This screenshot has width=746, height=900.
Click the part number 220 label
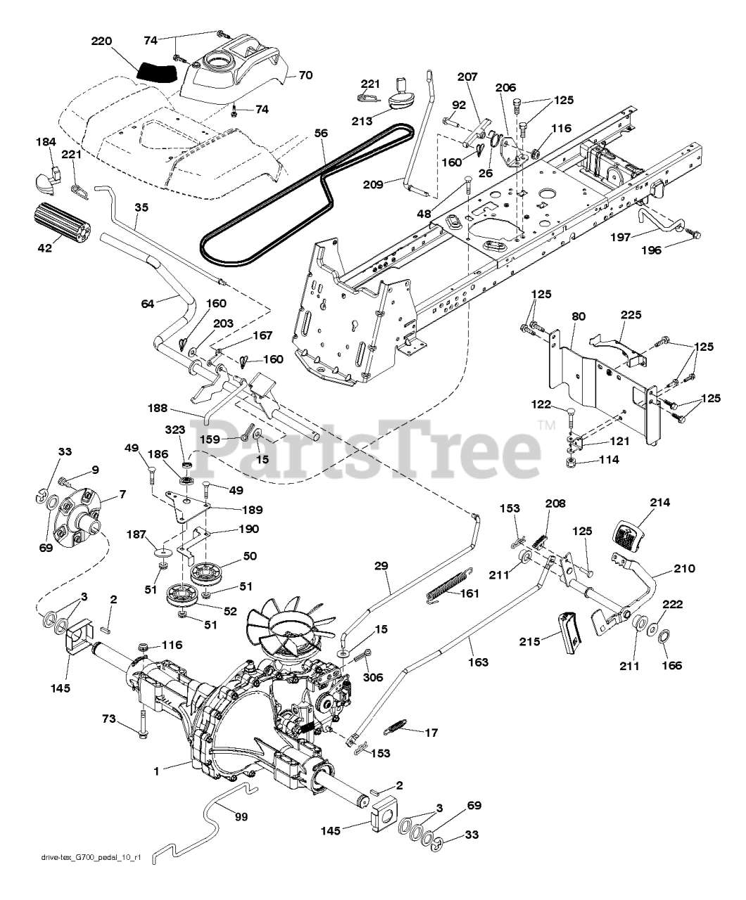(101, 42)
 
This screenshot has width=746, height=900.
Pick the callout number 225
(631, 316)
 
